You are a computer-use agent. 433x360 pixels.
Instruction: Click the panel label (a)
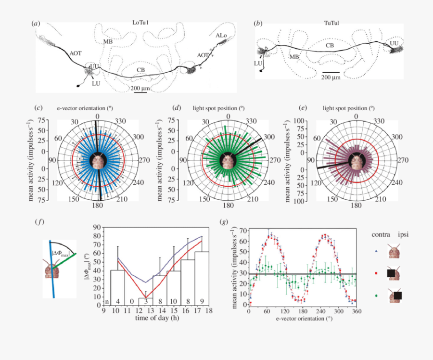coord(35,23)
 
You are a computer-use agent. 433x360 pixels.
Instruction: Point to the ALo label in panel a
coord(221,36)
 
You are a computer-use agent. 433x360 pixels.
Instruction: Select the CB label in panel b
coord(330,45)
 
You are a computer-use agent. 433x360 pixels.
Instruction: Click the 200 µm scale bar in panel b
coord(331,72)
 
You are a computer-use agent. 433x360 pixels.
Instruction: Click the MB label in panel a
coord(108,42)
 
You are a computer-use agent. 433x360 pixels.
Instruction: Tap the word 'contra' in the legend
coord(381,234)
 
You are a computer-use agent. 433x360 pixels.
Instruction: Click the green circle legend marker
coord(376,295)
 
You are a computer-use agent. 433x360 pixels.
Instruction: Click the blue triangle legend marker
coord(376,250)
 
